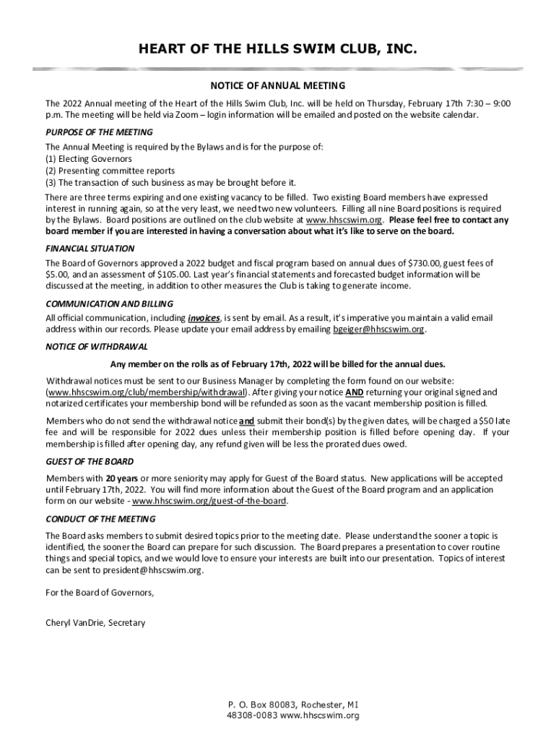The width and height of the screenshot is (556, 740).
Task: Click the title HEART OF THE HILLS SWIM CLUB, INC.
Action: tap(278, 49)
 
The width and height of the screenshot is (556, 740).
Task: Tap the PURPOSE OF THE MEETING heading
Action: tap(99, 132)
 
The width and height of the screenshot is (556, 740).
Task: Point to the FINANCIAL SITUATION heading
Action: tap(90, 248)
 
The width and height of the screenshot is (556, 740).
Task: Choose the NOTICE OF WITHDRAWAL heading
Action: tap(97, 346)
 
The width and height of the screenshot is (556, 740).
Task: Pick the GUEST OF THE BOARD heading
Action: tap(90, 461)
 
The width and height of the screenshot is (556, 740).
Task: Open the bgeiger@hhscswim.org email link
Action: tap(378, 330)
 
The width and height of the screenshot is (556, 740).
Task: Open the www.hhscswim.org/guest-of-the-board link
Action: tap(209, 501)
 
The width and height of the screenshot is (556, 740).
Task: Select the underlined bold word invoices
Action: tap(204, 318)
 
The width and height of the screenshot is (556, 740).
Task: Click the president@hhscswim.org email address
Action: tap(149, 570)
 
